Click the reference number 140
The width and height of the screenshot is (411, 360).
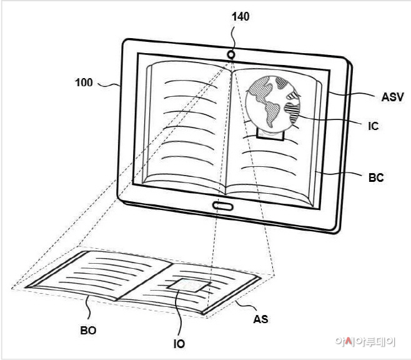click(x=240, y=17)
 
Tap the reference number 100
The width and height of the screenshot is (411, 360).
click(x=84, y=82)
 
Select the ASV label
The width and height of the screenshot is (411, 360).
click(x=392, y=97)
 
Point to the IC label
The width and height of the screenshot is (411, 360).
click(x=374, y=126)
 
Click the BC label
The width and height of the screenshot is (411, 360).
click(x=376, y=177)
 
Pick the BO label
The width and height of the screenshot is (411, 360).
click(x=88, y=331)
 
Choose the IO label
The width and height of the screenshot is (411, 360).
click(x=179, y=344)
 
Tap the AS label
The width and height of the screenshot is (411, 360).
click(x=261, y=319)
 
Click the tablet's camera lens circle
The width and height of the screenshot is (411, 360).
click(x=231, y=55)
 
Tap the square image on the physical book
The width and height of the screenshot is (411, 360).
click(x=189, y=285)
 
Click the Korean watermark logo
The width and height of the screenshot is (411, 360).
click(x=365, y=342)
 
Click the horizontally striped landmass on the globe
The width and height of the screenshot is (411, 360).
click(x=292, y=112)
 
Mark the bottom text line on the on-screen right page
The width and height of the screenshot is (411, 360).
click(x=269, y=169)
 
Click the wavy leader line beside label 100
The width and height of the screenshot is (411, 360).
click(x=109, y=85)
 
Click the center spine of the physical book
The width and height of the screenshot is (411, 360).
click(x=144, y=282)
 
